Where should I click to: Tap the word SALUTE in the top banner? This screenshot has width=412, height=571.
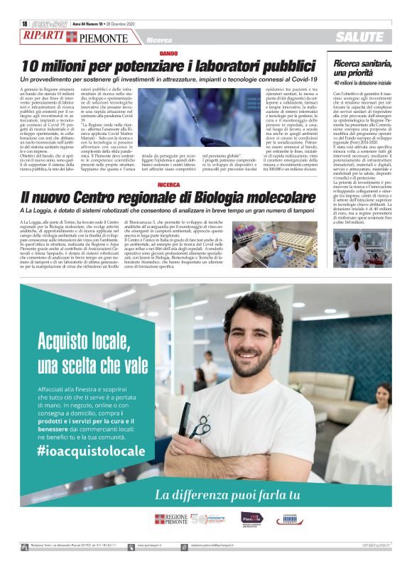359,37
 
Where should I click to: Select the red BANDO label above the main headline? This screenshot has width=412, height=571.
168,54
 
